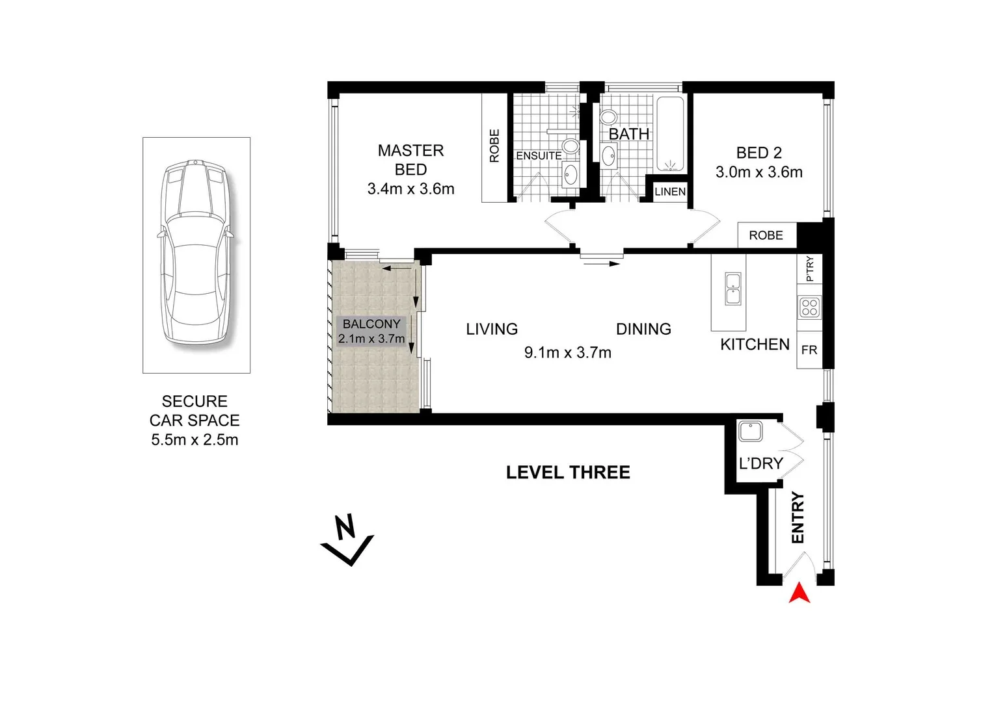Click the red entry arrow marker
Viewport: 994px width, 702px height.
click(x=799, y=593)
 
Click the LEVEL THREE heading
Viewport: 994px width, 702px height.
click(x=568, y=473)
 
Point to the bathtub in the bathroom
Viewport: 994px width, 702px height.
click(x=670, y=133)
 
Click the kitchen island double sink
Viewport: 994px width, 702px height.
click(x=734, y=289)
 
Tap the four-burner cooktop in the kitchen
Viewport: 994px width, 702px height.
click(x=809, y=307)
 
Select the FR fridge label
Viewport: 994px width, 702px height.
click(x=809, y=350)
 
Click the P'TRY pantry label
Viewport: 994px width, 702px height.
click(x=809, y=268)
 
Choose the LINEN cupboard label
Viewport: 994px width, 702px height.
click(x=670, y=192)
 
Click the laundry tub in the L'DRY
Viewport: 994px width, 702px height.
click(x=751, y=432)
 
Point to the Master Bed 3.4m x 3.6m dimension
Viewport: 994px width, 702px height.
click(x=410, y=189)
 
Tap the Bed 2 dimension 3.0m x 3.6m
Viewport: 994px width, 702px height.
click(x=759, y=172)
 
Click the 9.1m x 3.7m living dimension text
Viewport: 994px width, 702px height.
click(x=567, y=352)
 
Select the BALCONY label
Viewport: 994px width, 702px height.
click(x=371, y=324)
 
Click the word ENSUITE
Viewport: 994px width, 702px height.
click(x=539, y=156)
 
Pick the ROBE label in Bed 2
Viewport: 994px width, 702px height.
click(x=766, y=235)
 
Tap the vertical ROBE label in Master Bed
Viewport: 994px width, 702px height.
click(x=494, y=146)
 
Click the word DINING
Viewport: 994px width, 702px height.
click(x=643, y=329)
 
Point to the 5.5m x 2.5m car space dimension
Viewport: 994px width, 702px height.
click(x=195, y=440)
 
